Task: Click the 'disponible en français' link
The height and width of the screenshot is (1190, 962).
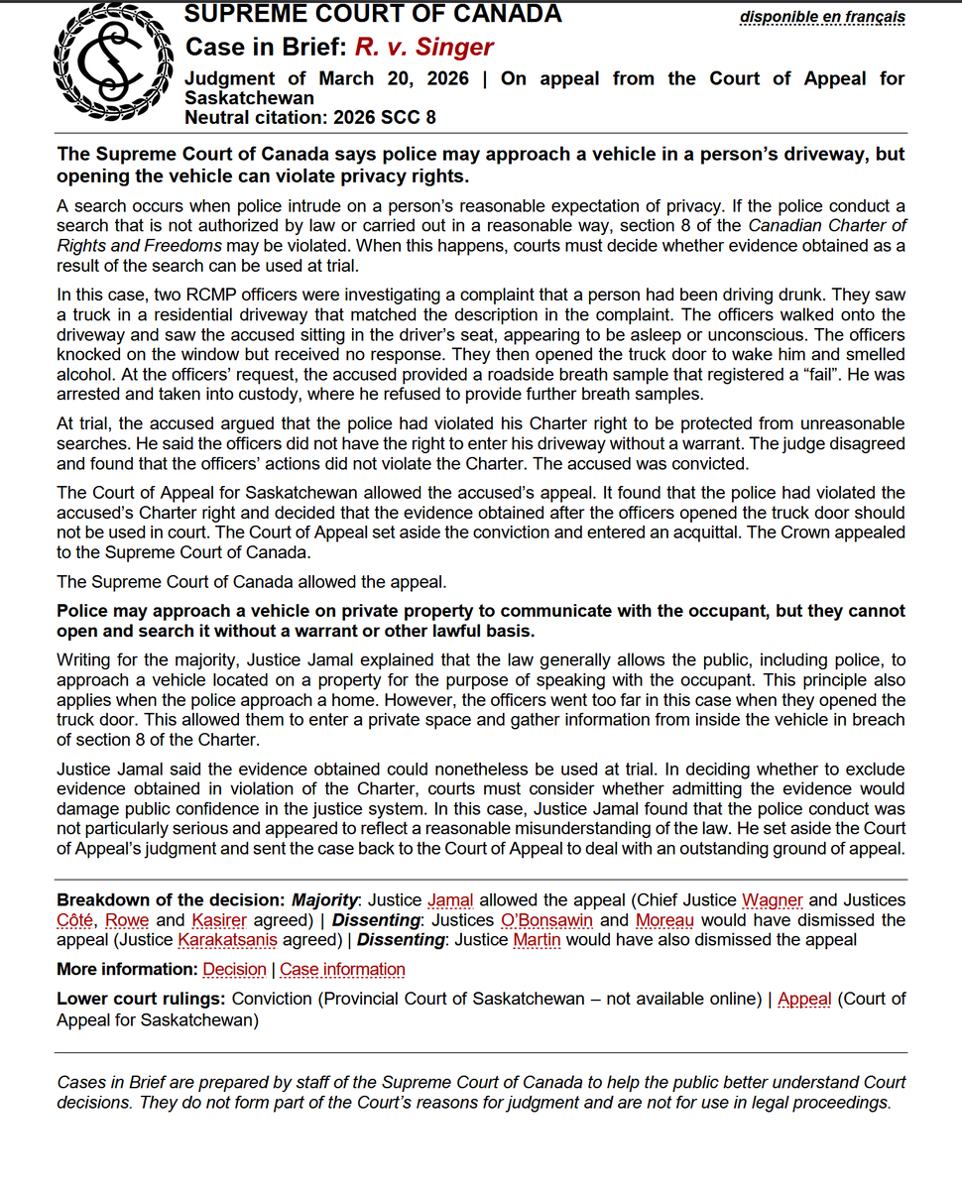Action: click(822, 17)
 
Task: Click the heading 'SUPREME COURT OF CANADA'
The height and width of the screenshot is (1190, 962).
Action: click(373, 14)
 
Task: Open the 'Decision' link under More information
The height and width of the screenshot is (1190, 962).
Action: click(234, 969)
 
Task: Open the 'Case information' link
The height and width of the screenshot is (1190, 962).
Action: click(342, 969)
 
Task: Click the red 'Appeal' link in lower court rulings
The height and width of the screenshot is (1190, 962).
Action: click(804, 999)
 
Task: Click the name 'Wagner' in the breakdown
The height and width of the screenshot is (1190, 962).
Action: click(772, 899)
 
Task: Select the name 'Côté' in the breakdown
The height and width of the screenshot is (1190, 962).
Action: click(76, 919)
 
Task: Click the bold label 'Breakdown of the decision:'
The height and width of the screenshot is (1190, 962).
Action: click(170, 899)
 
